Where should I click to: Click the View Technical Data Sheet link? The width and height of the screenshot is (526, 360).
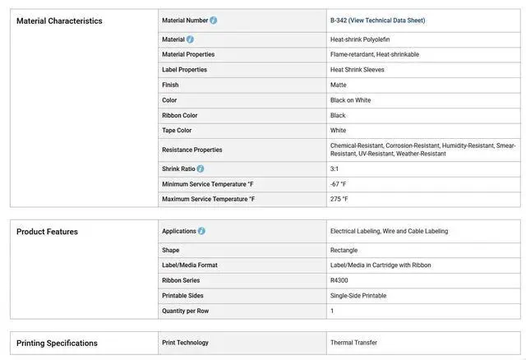click(x=387, y=21)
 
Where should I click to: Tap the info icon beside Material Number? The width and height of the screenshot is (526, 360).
click(x=214, y=21)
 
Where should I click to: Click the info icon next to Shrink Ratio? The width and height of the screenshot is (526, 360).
click(x=201, y=168)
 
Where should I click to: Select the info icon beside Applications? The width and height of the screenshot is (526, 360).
click(x=201, y=232)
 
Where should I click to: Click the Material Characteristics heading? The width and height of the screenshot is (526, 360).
click(x=59, y=21)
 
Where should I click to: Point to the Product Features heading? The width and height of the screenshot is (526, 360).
click(x=47, y=232)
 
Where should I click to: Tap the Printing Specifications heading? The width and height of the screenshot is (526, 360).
click(x=57, y=343)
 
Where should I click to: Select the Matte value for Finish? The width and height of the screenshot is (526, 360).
click(x=339, y=85)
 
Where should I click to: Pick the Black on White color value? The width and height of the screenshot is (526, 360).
click(x=351, y=100)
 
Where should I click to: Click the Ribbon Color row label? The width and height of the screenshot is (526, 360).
click(x=180, y=116)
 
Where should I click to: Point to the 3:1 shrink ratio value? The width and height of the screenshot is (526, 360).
click(x=335, y=168)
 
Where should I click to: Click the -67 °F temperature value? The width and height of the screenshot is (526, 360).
click(x=339, y=184)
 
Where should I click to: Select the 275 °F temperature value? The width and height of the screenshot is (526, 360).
click(x=339, y=199)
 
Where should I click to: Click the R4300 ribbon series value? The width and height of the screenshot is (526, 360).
click(x=339, y=280)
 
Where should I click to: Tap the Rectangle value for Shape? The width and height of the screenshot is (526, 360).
click(x=344, y=250)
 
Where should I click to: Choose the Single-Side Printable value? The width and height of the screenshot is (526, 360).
click(x=358, y=296)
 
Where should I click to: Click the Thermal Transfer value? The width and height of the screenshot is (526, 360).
click(x=353, y=343)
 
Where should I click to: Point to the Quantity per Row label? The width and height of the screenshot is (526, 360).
click(x=186, y=312)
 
